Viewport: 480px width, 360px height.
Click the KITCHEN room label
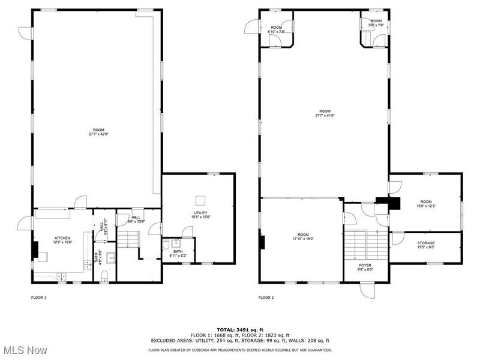[x=63, y=238]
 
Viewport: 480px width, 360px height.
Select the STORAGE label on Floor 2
[x=426, y=243]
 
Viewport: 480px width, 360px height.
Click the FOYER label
[x=365, y=265]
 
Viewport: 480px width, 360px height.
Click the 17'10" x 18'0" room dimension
[x=302, y=238]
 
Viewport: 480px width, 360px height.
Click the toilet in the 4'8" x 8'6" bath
[x=105, y=275]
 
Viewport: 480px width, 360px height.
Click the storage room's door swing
[x=397, y=238]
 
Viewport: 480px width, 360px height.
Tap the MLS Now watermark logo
[x=24, y=349]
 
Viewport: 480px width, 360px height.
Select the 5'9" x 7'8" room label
[x=376, y=23]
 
